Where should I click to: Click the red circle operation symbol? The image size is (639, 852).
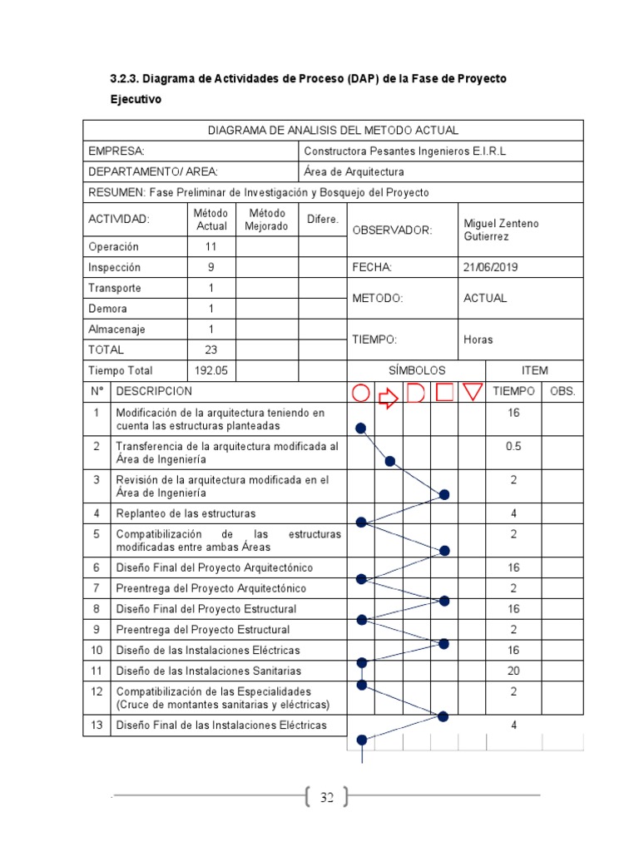pyautogui.click(x=360, y=393)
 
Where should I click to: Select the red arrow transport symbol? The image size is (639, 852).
pyautogui.click(x=389, y=398)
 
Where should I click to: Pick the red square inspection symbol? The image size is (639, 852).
pyautogui.click(x=445, y=392)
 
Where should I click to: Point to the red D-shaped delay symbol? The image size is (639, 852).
pyautogui.click(x=416, y=393)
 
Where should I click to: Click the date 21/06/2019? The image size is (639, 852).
pyautogui.click(x=490, y=267)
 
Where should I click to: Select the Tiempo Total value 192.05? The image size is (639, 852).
pyautogui.click(x=211, y=371)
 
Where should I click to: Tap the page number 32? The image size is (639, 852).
pyautogui.click(x=326, y=798)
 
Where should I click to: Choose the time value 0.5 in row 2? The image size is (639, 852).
pyautogui.click(x=513, y=446)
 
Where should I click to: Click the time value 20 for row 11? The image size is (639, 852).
pyautogui.click(x=513, y=671)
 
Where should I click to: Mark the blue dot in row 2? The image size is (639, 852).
pyautogui.click(x=389, y=462)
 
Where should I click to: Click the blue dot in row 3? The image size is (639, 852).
pyautogui.click(x=444, y=494)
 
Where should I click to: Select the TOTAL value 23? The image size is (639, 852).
pyautogui.click(x=211, y=350)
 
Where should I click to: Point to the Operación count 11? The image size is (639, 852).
pyautogui.click(x=211, y=247)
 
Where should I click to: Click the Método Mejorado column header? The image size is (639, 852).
pyautogui.click(x=267, y=220)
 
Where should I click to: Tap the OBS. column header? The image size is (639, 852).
pyautogui.click(x=562, y=391)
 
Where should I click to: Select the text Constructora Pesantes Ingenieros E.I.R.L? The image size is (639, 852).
pyautogui.click(x=405, y=151)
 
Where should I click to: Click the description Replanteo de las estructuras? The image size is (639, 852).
pyautogui.click(x=186, y=513)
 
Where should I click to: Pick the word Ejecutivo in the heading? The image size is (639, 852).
pyautogui.click(x=136, y=99)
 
